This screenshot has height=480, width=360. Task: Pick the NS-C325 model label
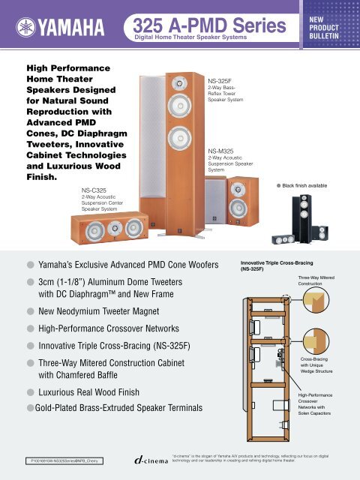click(x=97, y=192)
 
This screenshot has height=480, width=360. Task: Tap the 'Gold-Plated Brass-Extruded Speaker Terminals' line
click(x=119, y=409)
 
